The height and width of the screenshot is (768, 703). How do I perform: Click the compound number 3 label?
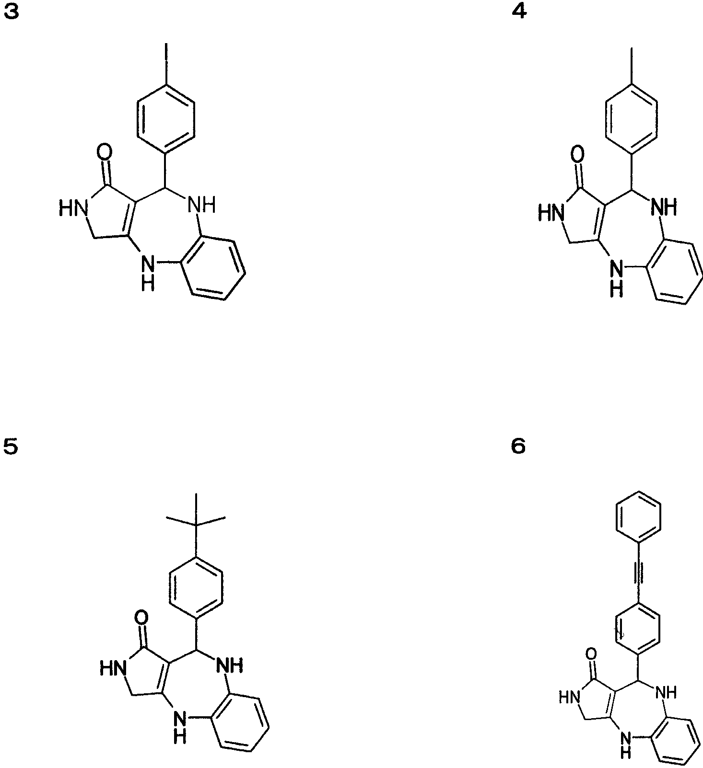click(12, 12)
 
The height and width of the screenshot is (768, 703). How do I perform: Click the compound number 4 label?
click(519, 12)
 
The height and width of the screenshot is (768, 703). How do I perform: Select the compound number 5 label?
click(11, 447)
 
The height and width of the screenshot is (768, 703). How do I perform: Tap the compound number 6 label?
click(518, 447)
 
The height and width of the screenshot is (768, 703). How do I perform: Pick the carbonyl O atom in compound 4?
click(578, 155)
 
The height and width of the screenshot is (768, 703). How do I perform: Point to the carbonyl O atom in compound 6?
click(592, 654)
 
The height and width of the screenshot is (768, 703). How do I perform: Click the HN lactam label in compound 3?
click(73, 208)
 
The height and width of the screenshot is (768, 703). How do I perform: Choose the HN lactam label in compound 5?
click(113, 668)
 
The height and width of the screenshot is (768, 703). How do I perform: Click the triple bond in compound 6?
click(638, 573)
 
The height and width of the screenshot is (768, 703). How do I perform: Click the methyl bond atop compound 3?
click(166, 64)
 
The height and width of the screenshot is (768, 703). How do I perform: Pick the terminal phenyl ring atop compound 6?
click(638, 517)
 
